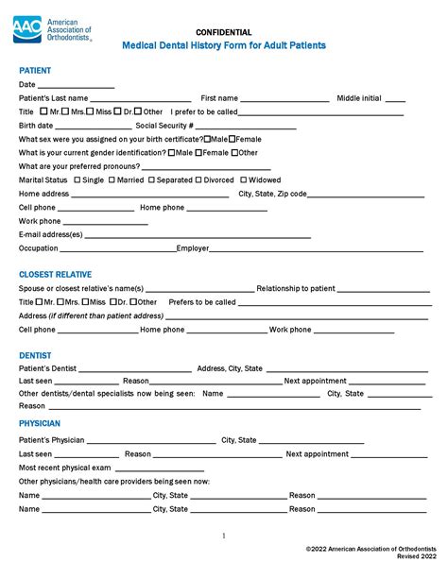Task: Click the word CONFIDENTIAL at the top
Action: (x=224, y=32)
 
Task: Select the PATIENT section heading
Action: (x=35, y=70)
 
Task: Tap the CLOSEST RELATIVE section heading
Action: (x=56, y=274)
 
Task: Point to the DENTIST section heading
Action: (x=35, y=355)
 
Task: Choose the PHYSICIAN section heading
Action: (x=40, y=424)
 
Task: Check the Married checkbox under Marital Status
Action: (x=113, y=179)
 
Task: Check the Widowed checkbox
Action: (x=244, y=179)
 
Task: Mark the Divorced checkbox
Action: (x=199, y=179)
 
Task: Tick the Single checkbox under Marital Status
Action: (x=77, y=179)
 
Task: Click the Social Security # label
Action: (x=164, y=125)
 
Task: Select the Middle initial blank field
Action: (x=395, y=99)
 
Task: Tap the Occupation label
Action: (x=39, y=248)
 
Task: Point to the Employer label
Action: (x=193, y=248)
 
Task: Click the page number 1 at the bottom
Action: (x=223, y=535)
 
